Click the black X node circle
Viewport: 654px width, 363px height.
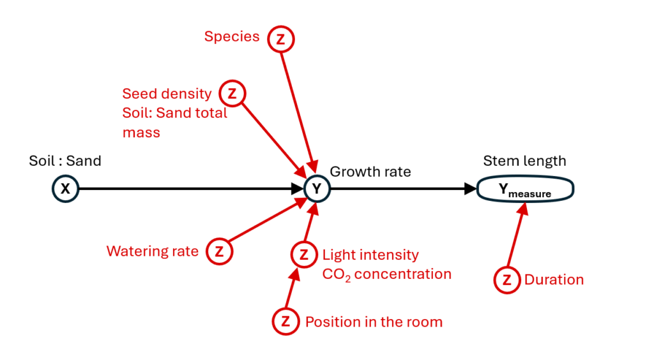tap(65, 189)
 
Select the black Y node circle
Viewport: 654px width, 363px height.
tap(316, 189)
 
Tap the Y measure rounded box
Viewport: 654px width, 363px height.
tap(525, 189)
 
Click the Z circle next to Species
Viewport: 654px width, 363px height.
tap(281, 39)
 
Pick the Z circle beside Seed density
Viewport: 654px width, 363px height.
tap(232, 94)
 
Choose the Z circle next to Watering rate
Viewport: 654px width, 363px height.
tap(219, 251)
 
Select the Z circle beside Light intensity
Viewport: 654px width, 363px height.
tap(303, 255)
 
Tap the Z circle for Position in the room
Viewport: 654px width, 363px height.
tap(285, 322)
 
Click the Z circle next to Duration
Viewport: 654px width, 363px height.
tap(507, 279)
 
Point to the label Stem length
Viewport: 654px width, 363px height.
tap(524, 161)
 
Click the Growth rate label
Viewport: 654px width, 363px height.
tap(370, 172)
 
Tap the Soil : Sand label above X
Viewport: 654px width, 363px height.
tap(65, 161)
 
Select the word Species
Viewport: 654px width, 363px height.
tap(232, 37)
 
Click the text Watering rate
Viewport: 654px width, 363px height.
tap(153, 251)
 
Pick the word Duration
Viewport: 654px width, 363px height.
tap(554, 279)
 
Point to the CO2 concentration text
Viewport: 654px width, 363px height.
tap(386, 274)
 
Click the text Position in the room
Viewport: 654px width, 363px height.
tap(374, 322)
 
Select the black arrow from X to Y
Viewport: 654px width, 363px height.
tap(185, 189)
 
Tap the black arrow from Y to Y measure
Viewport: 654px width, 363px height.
tap(402, 189)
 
